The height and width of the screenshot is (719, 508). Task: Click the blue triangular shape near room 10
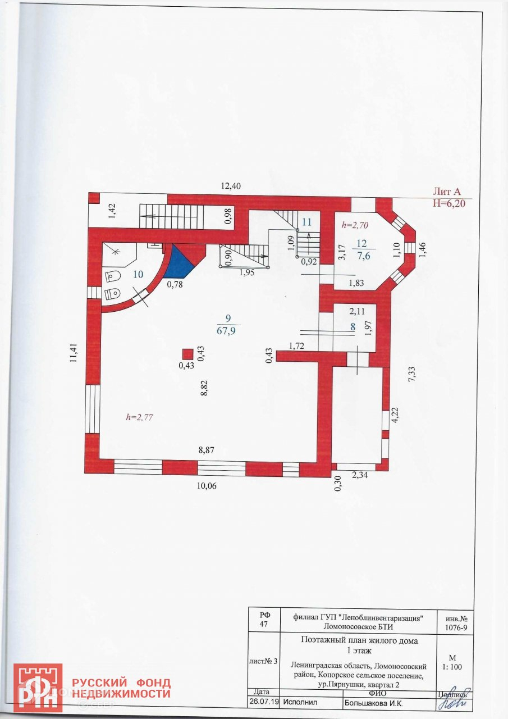[x=181, y=260]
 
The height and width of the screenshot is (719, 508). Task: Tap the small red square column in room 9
[x=187, y=353]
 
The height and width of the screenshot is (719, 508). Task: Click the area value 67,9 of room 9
[x=228, y=330]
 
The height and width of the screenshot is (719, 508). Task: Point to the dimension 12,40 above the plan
[x=230, y=186]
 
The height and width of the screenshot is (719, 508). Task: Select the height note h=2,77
[x=139, y=417]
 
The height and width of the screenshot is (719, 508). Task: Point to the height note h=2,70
[x=355, y=225]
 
